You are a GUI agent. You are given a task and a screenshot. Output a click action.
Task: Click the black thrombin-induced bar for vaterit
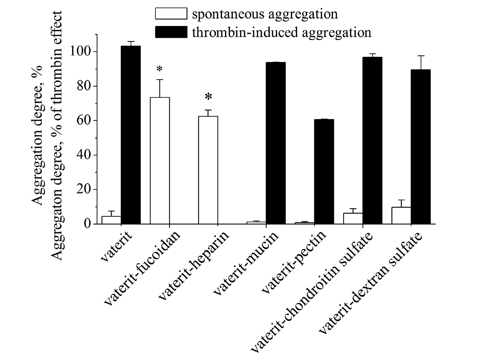click(x=131, y=134)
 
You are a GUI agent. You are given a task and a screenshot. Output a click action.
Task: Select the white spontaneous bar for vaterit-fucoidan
click(x=160, y=161)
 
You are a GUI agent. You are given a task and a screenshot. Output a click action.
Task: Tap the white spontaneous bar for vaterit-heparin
click(x=208, y=170)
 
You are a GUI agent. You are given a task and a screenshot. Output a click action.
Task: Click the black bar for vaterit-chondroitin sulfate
click(x=372, y=140)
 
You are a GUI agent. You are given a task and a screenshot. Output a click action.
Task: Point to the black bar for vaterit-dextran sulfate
click(x=421, y=147)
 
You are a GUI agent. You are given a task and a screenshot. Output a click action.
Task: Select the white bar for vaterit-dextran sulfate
click(x=401, y=215)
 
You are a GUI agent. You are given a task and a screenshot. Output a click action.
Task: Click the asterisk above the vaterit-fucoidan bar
click(x=160, y=69)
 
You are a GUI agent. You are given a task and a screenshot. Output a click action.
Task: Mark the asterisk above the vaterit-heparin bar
click(x=208, y=97)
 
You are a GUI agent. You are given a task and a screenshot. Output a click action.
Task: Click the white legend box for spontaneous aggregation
click(x=171, y=14)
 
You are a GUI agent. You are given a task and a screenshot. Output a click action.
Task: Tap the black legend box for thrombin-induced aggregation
click(x=171, y=32)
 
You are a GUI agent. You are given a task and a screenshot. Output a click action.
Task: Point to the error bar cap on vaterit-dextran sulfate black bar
click(x=421, y=56)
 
